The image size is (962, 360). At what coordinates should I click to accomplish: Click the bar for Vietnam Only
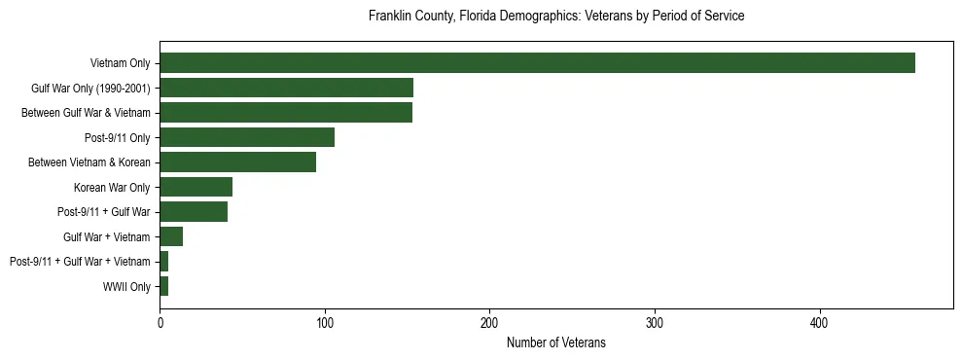pyautogui.click(x=537, y=63)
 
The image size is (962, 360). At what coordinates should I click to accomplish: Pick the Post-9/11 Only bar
pyautogui.click(x=247, y=137)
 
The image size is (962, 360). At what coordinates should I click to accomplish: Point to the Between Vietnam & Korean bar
pyautogui.click(x=237, y=162)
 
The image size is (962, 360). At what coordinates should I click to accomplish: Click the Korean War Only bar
pyautogui.click(x=196, y=187)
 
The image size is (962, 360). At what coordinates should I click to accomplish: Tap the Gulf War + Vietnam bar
pyautogui.click(x=171, y=236)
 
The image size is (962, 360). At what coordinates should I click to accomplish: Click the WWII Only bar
pyautogui.click(x=163, y=286)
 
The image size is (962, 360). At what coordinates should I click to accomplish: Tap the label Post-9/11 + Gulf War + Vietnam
pyautogui.click(x=80, y=262)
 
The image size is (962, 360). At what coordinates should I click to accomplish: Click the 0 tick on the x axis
pyautogui.click(x=160, y=322)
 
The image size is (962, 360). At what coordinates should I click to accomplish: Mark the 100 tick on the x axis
pyautogui.click(x=325, y=322)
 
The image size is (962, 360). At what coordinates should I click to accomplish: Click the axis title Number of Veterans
pyautogui.click(x=555, y=342)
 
